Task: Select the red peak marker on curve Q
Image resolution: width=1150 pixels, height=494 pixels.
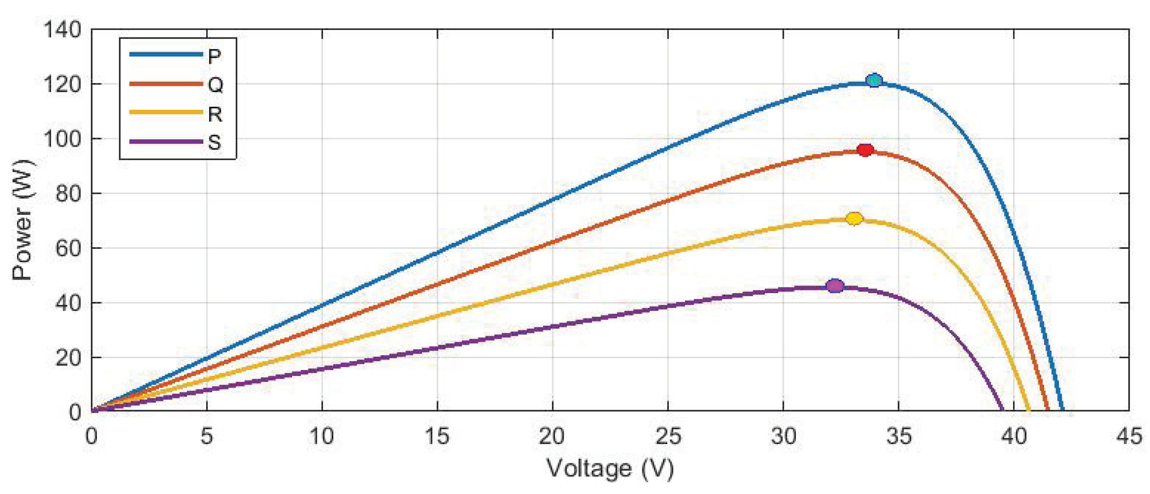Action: pos(865,151)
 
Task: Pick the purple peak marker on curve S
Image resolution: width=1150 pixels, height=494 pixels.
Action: pos(835,286)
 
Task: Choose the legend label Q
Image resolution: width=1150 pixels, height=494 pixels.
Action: pos(215,85)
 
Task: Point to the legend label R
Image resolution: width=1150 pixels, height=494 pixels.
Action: pos(215,114)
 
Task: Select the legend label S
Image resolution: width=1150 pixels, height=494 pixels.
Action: pos(214,143)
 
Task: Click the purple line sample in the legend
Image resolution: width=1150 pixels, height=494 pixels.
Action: pos(166,142)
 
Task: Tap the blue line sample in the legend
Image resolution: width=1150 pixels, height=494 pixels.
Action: pos(166,54)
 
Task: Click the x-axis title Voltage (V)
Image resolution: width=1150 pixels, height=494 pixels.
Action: pos(610,469)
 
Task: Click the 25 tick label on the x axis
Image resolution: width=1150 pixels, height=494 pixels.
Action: pos(668,436)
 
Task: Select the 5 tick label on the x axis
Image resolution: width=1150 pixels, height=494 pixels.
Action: pos(206,436)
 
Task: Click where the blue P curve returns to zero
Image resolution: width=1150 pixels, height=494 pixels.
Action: pos(1063,410)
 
